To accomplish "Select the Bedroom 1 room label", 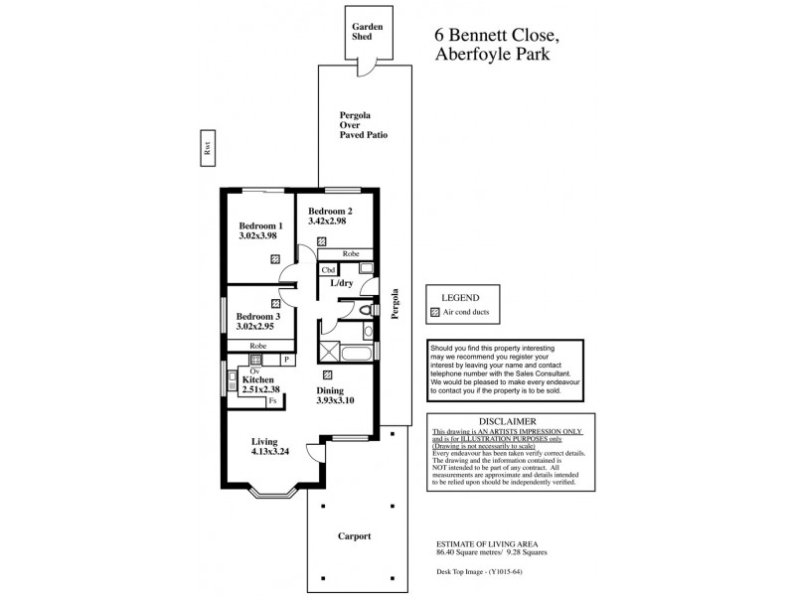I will click(x=261, y=225).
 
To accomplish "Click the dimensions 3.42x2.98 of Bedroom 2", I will click(x=327, y=222).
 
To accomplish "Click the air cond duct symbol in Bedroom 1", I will click(x=275, y=258).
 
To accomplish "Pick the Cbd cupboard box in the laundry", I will click(x=328, y=269).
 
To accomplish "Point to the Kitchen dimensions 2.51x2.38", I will click(x=260, y=390).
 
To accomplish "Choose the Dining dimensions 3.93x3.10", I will click(x=335, y=400).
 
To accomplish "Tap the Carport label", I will click(x=352, y=535).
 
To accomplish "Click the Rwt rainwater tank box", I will click(x=208, y=149).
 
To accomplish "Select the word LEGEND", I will click(x=459, y=297).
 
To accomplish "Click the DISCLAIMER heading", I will click(x=508, y=421).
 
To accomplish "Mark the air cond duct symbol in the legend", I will click(x=433, y=312).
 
